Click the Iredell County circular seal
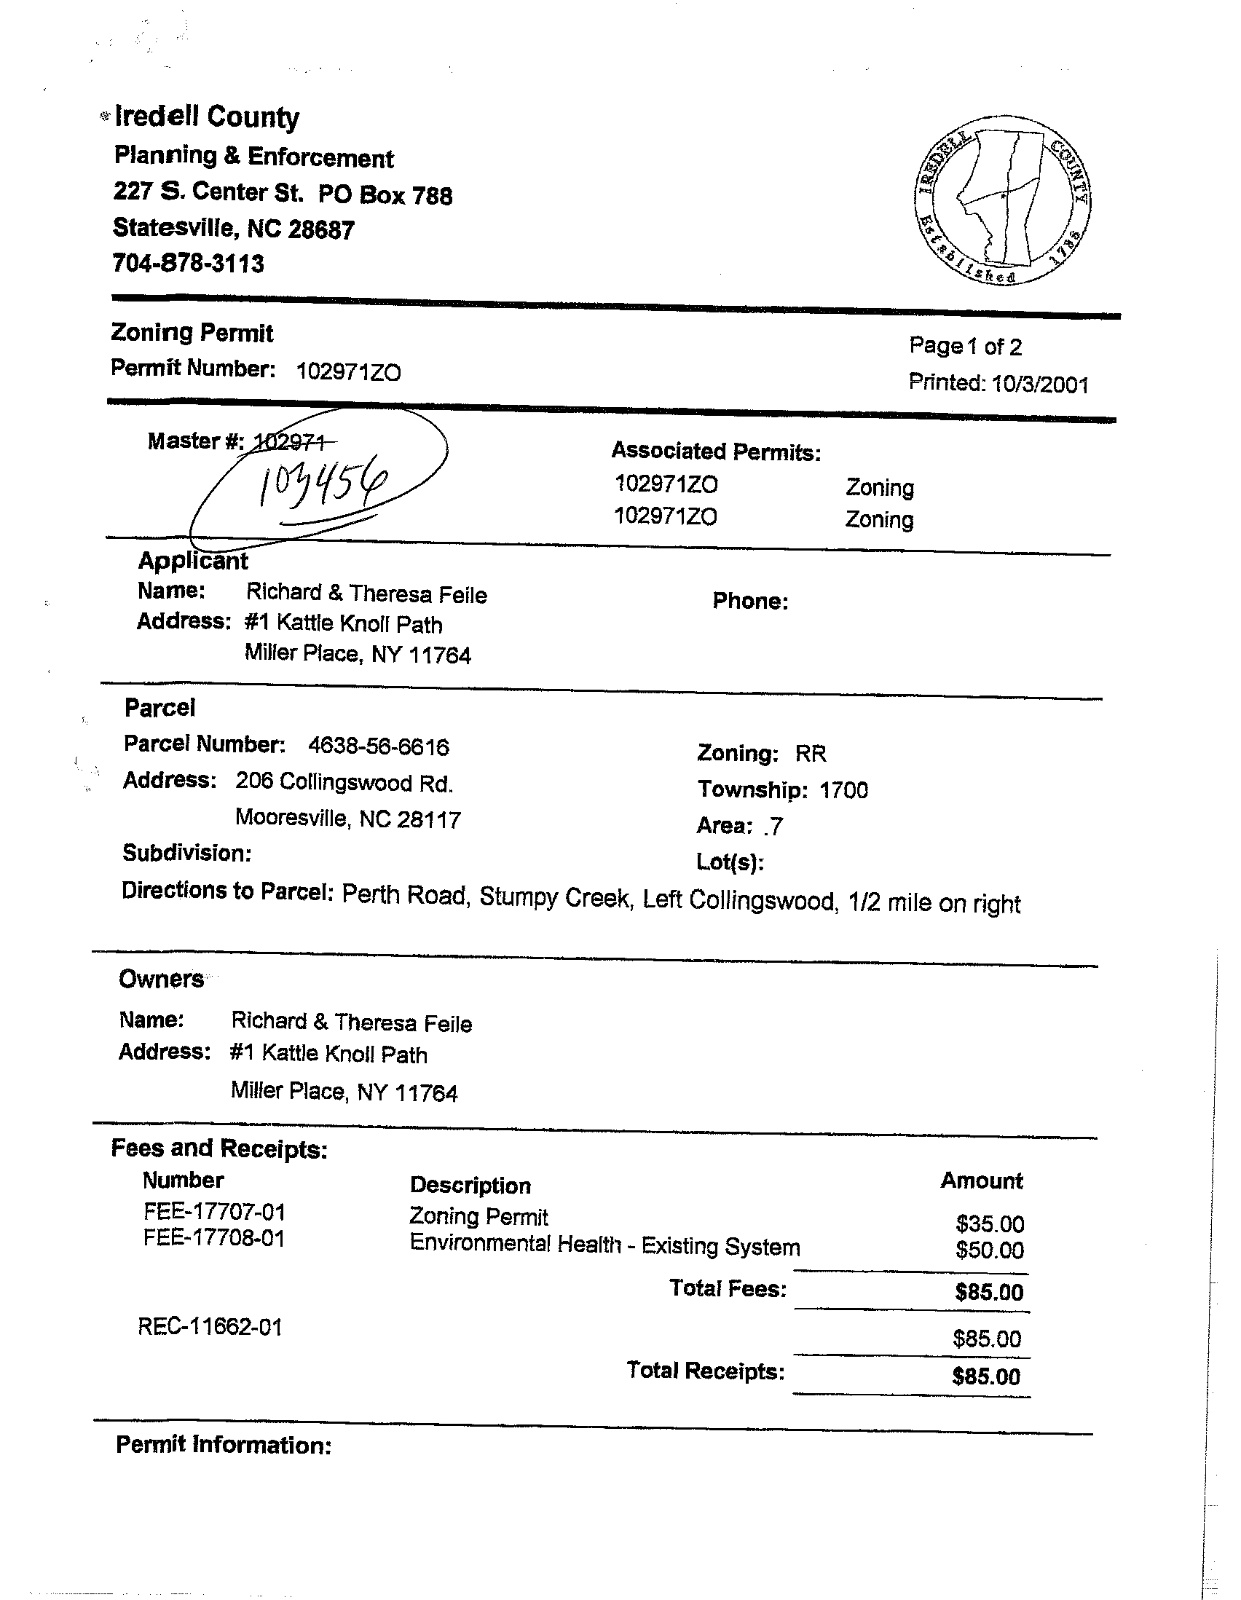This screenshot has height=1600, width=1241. (x=1002, y=200)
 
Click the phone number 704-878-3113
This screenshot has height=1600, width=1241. (x=189, y=263)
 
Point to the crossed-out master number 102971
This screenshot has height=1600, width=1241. (x=293, y=442)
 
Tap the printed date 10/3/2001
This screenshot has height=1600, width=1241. (x=1039, y=385)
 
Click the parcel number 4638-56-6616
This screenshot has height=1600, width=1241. (x=378, y=746)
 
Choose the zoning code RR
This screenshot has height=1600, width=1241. (x=811, y=754)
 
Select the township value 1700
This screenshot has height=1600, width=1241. (x=843, y=790)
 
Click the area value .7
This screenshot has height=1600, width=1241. (x=773, y=827)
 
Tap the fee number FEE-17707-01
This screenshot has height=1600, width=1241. (x=214, y=1213)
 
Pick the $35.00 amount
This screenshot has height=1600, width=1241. (x=990, y=1223)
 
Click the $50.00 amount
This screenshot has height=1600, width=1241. (x=989, y=1250)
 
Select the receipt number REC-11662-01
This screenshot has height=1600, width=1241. (x=210, y=1327)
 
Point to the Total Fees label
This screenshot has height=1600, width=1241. (x=728, y=1288)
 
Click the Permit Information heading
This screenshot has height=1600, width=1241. (x=224, y=1445)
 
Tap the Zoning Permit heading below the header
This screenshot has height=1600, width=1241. (x=192, y=334)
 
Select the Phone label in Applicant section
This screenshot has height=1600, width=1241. (x=750, y=602)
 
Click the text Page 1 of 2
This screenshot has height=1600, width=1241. (x=965, y=347)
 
